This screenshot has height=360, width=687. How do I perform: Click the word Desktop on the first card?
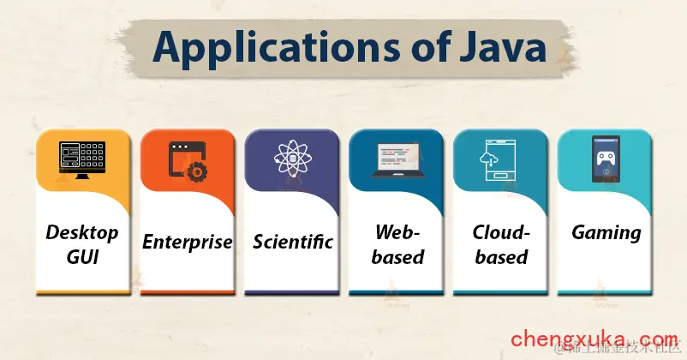click(83, 231)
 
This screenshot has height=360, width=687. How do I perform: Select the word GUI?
click(83, 257)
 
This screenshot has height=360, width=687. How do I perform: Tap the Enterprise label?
click(188, 242)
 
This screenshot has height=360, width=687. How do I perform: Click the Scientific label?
click(292, 242)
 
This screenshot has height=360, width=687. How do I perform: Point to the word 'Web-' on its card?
click(397, 231)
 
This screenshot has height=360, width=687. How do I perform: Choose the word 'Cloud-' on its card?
click(501, 231)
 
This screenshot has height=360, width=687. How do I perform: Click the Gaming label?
click(606, 232)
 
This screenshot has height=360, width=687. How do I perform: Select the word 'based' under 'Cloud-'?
click(501, 257)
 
